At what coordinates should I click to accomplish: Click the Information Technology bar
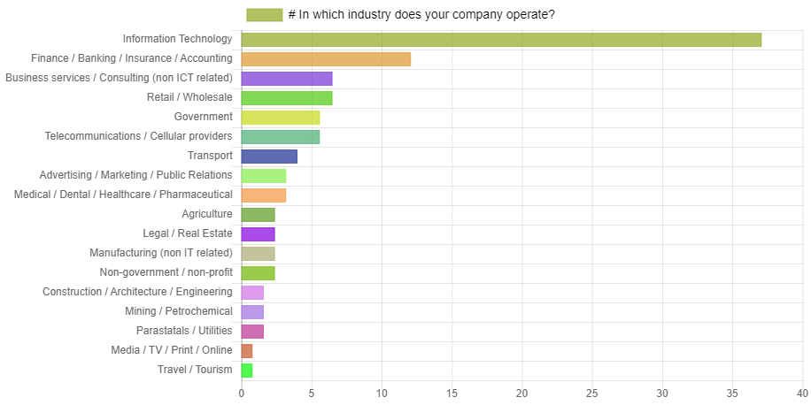[501, 39]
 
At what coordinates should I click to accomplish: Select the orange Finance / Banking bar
[326, 59]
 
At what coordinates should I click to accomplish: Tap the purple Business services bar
[287, 79]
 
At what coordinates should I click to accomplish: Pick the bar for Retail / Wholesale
[287, 98]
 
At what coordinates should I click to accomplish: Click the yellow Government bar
[281, 118]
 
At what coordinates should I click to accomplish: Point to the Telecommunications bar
[281, 137]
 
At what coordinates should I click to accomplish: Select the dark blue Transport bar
[269, 157]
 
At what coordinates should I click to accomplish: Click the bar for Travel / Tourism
[247, 371]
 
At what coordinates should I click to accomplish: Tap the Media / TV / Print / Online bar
[247, 351]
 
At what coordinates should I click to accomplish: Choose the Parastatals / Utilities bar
[252, 332]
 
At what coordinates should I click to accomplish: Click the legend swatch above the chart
[265, 15]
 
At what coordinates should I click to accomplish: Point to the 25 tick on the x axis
[592, 393]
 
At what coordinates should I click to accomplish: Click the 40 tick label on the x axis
[802, 393]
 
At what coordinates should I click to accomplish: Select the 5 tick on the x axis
[312, 393]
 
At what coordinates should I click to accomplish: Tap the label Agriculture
[207, 215]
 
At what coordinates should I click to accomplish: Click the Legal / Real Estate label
[188, 234]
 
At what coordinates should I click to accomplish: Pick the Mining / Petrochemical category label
[179, 312]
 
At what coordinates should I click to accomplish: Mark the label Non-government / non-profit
[166, 273]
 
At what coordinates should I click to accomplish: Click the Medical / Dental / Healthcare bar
[264, 195]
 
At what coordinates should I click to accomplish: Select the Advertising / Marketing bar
[264, 176]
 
